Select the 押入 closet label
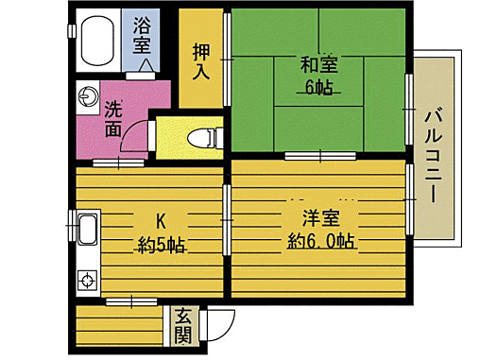[201, 59]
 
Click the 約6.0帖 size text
[321, 242]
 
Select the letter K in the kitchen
[160, 221]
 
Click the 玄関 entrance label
[182, 327]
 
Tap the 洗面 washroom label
[113, 118]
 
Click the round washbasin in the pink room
[87, 95]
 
